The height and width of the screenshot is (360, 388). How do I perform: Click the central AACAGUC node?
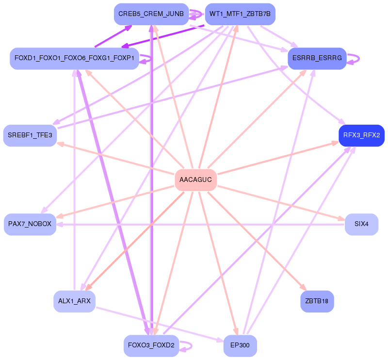click(x=195, y=180)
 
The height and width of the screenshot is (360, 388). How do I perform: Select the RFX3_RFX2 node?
click(x=361, y=135)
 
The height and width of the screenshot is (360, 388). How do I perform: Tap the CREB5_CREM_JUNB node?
click(x=150, y=15)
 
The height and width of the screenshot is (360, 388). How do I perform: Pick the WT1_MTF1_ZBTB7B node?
click(x=240, y=15)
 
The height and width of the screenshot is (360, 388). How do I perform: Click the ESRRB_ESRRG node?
click(x=317, y=59)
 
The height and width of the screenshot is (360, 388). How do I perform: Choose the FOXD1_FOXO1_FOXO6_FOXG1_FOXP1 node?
click(x=74, y=59)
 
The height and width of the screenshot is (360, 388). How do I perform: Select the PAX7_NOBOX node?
click(x=30, y=224)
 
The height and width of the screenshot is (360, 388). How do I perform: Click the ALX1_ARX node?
click(x=74, y=301)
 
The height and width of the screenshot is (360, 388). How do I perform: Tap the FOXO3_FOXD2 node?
click(x=151, y=345)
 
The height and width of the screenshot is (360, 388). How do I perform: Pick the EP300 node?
click(x=240, y=345)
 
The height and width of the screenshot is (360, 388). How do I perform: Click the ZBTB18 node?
click(x=317, y=301)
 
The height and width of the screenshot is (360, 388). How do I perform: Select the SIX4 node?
click(x=361, y=224)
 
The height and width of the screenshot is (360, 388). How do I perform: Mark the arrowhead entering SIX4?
click(x=342, y=219)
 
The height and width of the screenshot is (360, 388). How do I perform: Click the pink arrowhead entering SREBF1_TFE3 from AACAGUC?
click(x=60, y=143)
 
